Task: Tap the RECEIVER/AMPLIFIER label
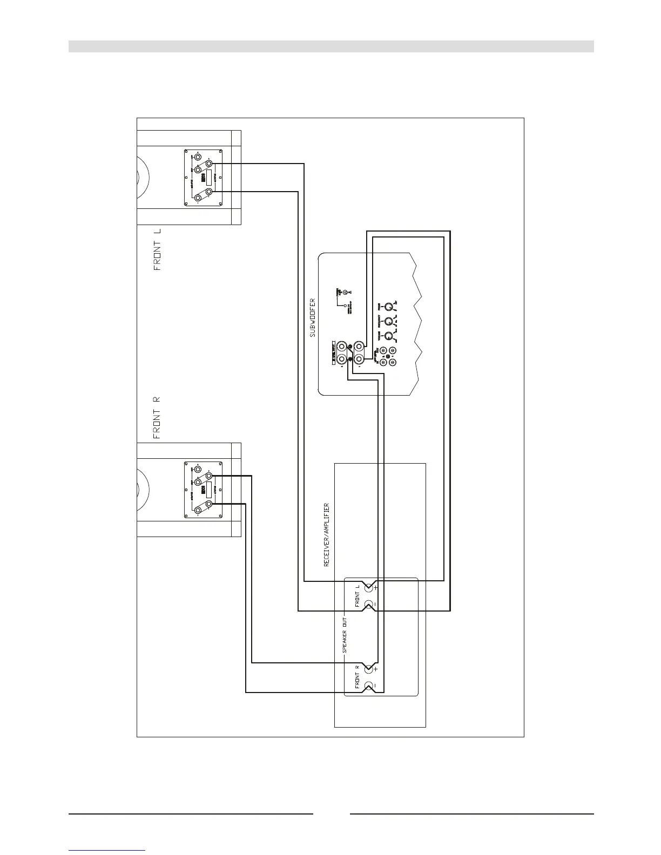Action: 326,535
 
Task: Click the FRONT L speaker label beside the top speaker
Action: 158,249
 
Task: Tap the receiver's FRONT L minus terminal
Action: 369,605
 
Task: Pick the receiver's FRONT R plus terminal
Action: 369,670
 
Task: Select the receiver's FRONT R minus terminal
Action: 369,686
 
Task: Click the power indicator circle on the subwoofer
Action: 346,292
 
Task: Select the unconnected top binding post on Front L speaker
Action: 198,158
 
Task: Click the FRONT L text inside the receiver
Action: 358,596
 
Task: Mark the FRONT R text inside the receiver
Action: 358,678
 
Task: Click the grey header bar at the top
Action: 330,46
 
